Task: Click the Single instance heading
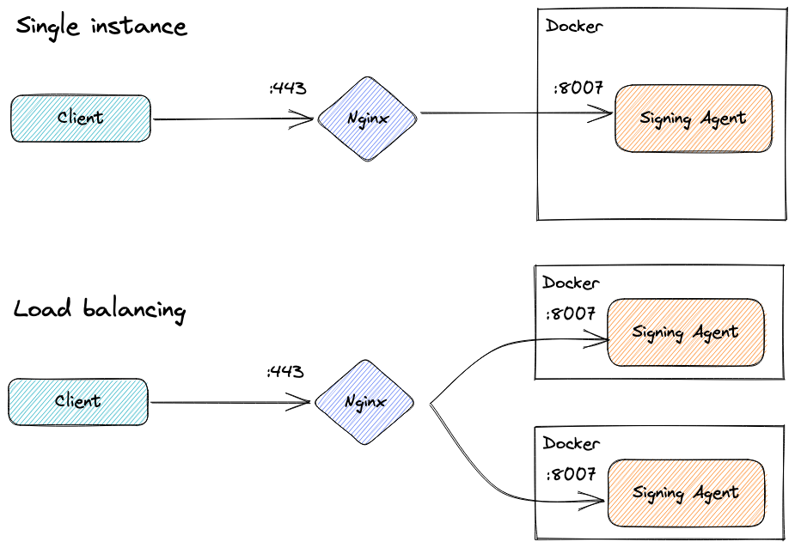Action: (101, 27)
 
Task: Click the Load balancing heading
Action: (99, 309)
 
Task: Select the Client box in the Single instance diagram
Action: (81, 119)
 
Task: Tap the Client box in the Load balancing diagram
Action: (78, 401)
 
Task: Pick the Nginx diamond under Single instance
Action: (368, 119)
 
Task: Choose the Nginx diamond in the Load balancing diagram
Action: (364, 401)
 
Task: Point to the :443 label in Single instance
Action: (288, 88)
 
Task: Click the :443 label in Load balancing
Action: (285, 372)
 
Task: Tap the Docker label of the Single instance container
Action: (574, 26)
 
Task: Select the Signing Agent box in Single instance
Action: (693, 119)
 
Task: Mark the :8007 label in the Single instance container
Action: (578, 88)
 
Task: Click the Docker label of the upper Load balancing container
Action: (571, 283)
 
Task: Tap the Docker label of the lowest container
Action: (571, 443)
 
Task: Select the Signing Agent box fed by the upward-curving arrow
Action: (685, 332)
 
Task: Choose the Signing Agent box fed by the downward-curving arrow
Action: (685, 493)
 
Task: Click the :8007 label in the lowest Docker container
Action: (570, 474)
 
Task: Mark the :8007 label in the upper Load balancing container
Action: (570, 314)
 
